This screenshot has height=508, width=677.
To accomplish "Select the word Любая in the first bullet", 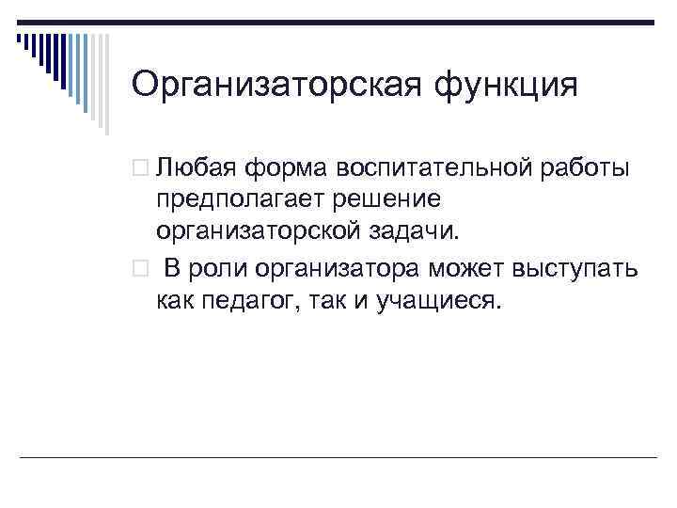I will pos(195,168).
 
